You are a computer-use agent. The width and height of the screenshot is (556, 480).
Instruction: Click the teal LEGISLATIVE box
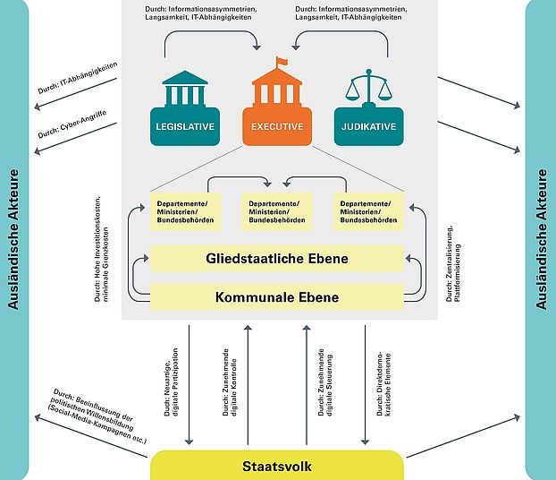[x=185, y=127]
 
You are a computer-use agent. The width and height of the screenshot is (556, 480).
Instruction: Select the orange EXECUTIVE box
[x=277, y=127]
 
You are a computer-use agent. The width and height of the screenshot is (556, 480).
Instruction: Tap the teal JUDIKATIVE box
[x=368, y=127]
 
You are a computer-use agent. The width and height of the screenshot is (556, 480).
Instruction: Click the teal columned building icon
[x=185, y=90]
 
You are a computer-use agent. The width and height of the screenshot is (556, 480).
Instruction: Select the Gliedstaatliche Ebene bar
[x=276, y=259]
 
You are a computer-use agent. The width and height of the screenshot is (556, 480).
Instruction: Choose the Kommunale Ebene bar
[x=276, y=296]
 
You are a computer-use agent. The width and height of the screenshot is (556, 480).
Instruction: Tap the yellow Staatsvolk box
[x=276, y=467]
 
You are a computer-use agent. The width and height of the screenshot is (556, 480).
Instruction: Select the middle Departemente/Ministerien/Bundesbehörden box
[x=277, y=211]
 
